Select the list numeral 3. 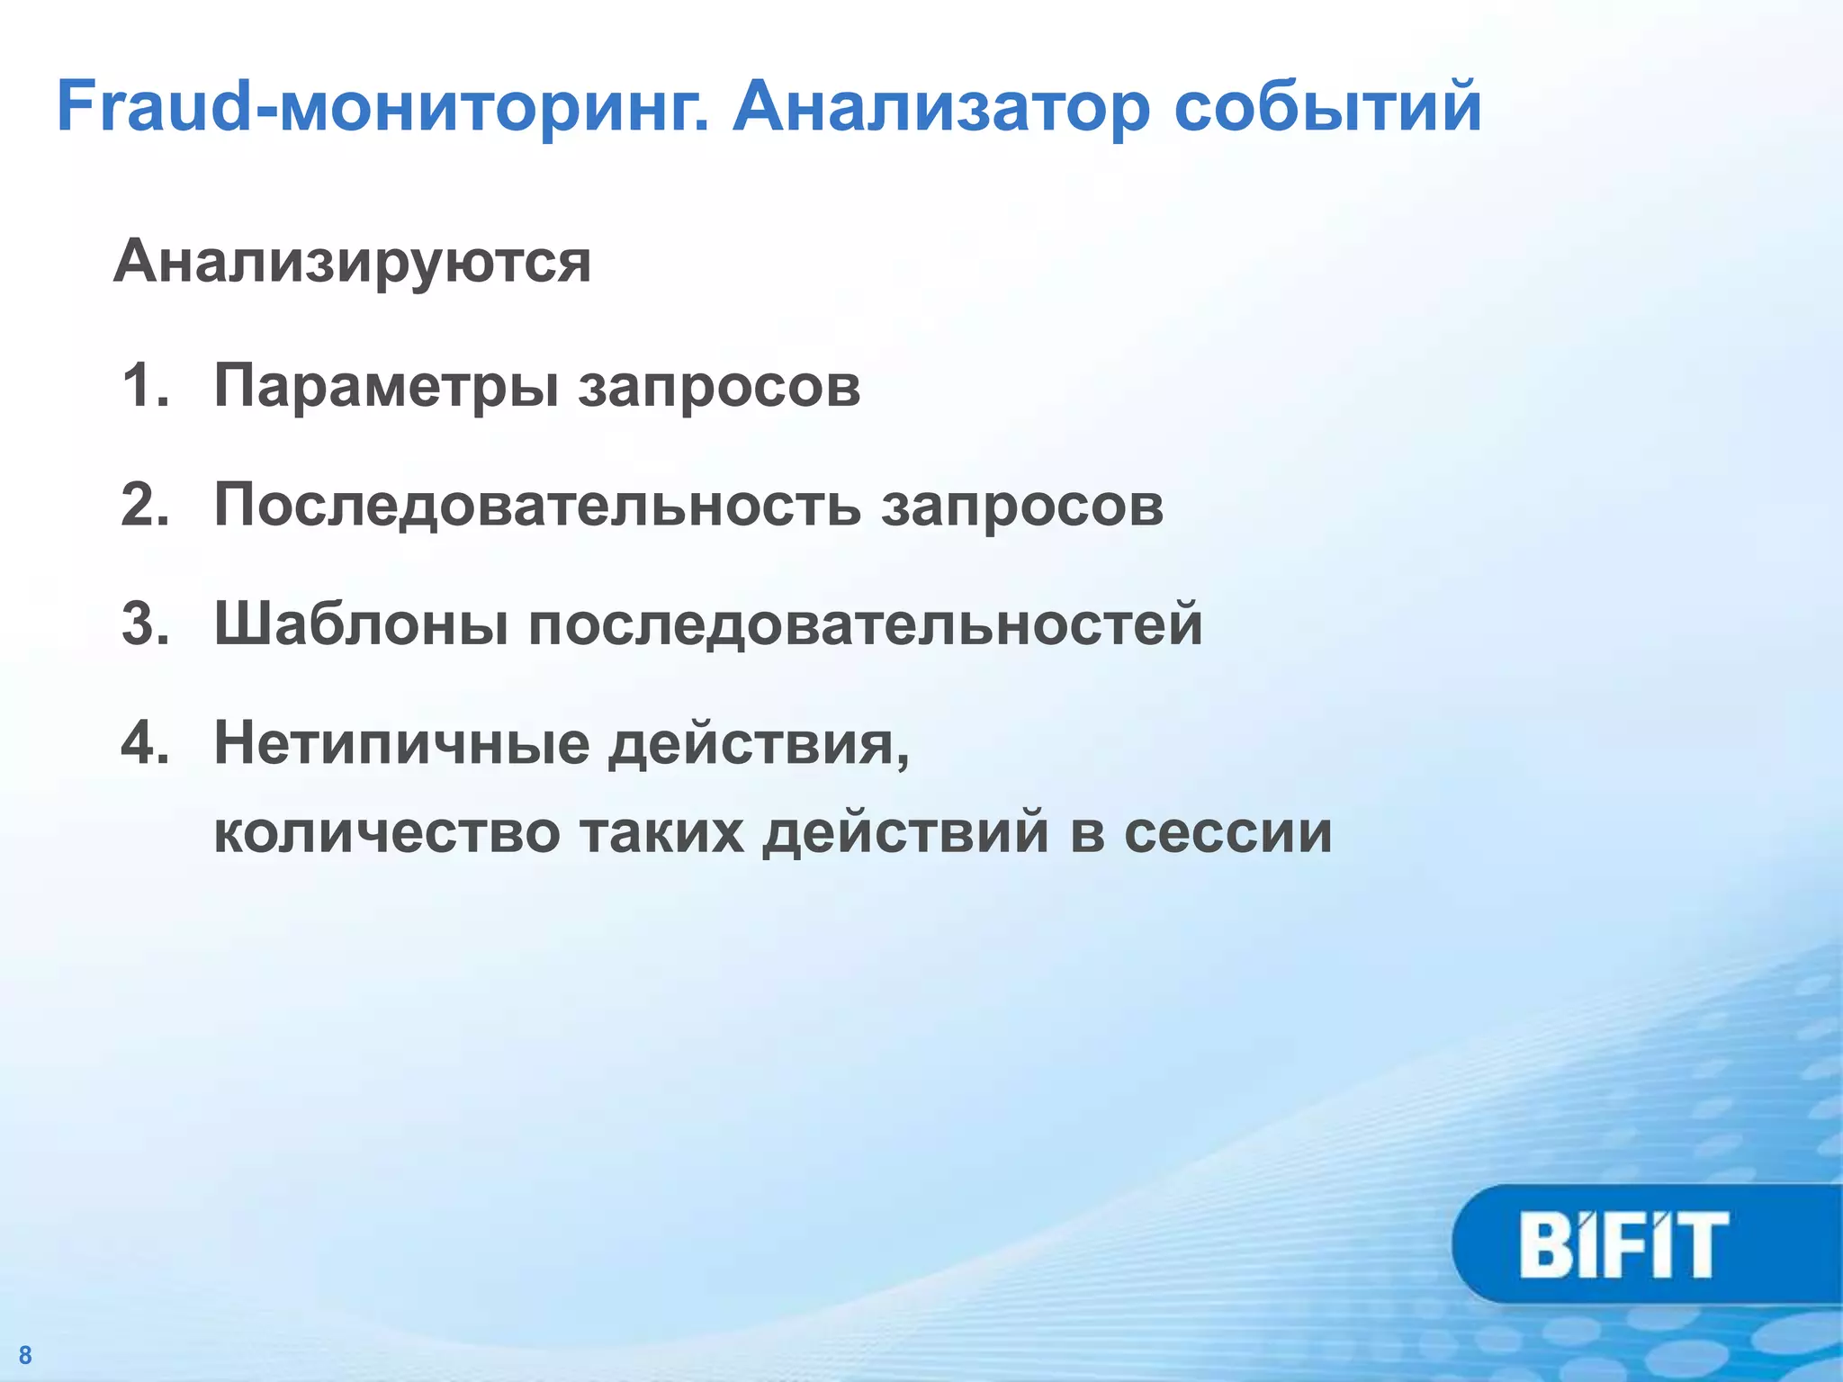[145, 624]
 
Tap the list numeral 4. [145, 743]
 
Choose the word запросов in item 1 [719, 387]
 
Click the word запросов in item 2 [1022, 506]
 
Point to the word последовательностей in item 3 [865, 624]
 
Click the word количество [387, 832]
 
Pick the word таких [661, 832]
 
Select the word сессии [1227, 832]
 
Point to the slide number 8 [25, 1355]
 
